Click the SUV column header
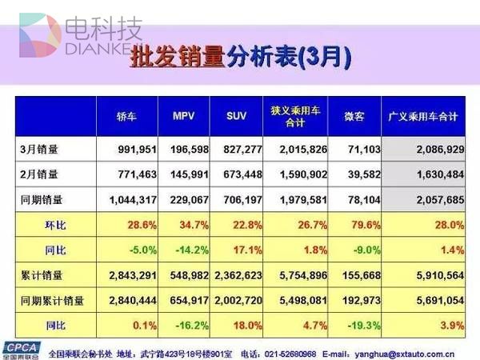tap(238, 116)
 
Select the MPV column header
tap(184, 116)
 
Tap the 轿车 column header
tap(126, 116)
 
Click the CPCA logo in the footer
tap(21, 349)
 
